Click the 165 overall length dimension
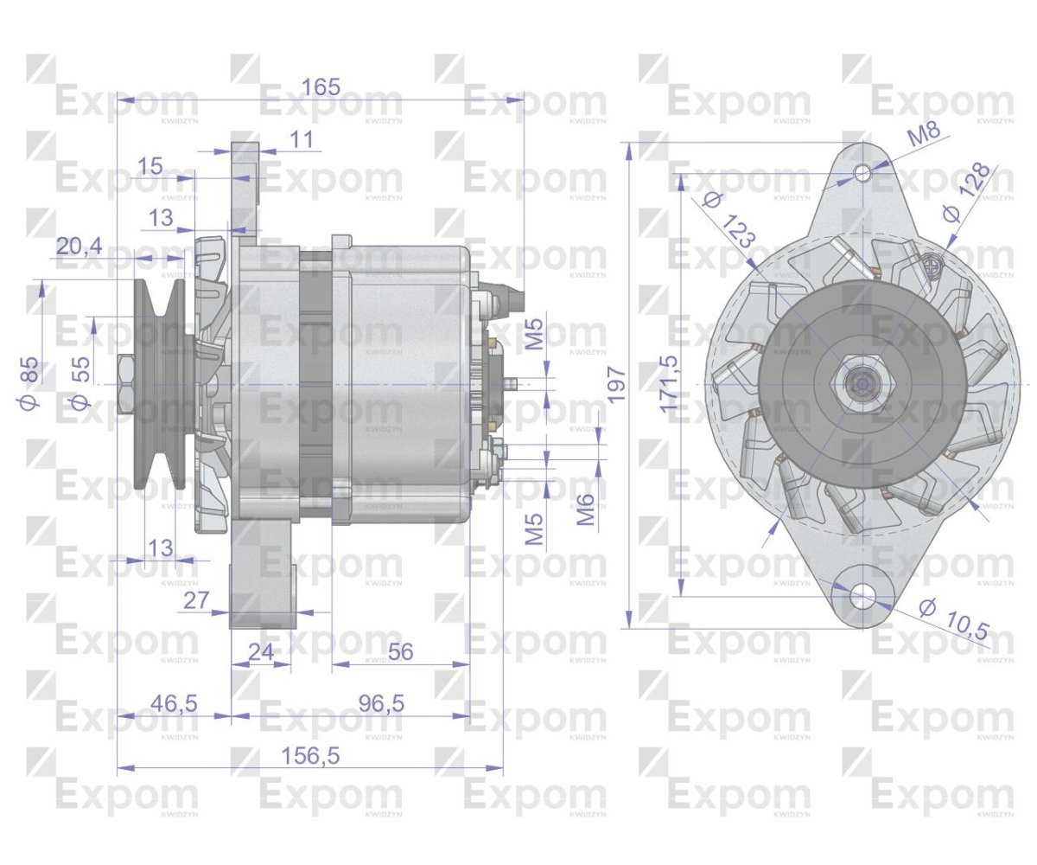(321, 86)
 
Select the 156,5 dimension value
(310, 755)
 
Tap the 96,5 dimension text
(380, 703)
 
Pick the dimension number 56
(400, 652)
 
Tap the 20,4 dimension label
(79, 247)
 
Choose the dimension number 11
(302, 139)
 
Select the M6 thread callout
(586, 509)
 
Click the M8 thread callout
(923, 135)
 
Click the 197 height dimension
(615, 384)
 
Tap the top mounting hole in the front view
(862, 173)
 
